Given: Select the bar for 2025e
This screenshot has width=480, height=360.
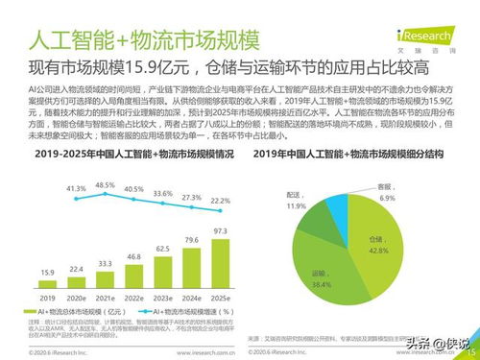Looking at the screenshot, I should click(x=220, y=260).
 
